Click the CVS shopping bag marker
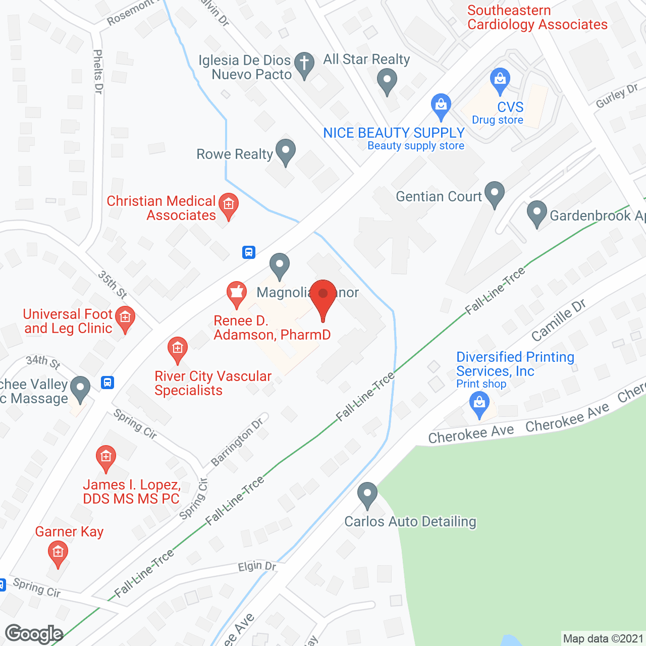tap(500, 80)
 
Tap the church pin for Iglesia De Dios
tap(304, 64)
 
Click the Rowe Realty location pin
tap(286, 151)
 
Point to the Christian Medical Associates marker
tap(229, 205)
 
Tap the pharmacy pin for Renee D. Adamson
tap(236, 293)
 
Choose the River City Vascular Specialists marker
tap(177, 349)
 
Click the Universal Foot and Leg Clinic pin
tap(125, 318)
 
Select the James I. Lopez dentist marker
tap(105, 457)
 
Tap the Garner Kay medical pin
tap(58, 553)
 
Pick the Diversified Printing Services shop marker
tap(479, 404)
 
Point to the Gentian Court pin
tap(494, 193)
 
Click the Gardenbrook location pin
tap(536, 212)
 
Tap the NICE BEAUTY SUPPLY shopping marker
tap(441, 105)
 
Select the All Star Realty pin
tap(387, 80)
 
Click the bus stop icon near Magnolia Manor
tap(249, 252)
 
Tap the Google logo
tap(34, 634)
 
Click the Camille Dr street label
tap(559, 319)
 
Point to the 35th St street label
tap(112, 285)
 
